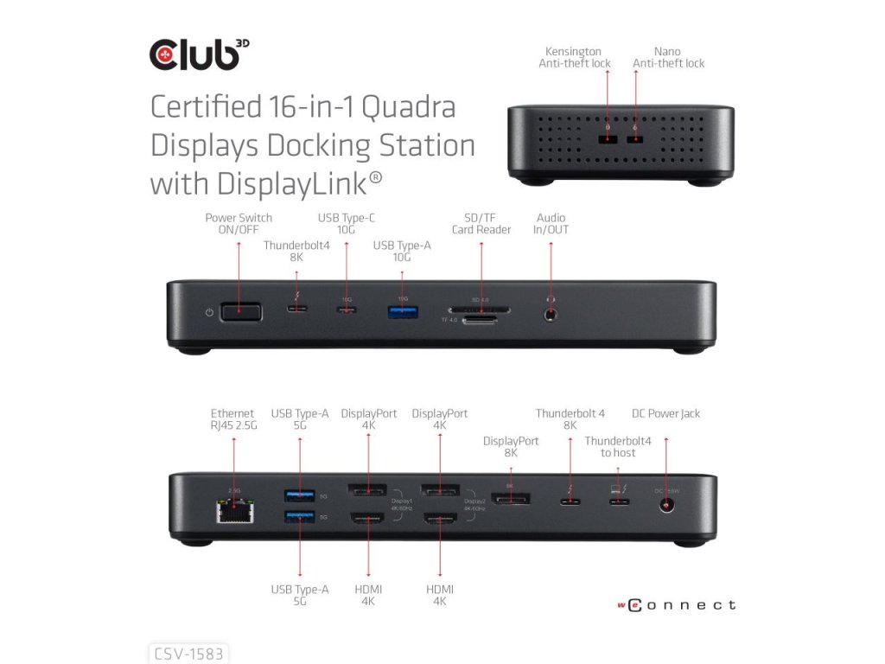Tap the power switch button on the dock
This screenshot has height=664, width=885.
241,311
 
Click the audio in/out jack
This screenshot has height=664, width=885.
551,315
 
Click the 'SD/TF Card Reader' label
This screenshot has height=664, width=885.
481,224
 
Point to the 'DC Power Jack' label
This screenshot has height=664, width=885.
666,413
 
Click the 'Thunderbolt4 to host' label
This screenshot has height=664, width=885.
618,447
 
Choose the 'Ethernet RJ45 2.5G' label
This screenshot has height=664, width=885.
232,419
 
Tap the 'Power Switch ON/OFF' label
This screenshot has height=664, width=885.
239,224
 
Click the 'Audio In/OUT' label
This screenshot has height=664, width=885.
552,224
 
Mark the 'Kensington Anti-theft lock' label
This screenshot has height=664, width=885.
575,57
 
